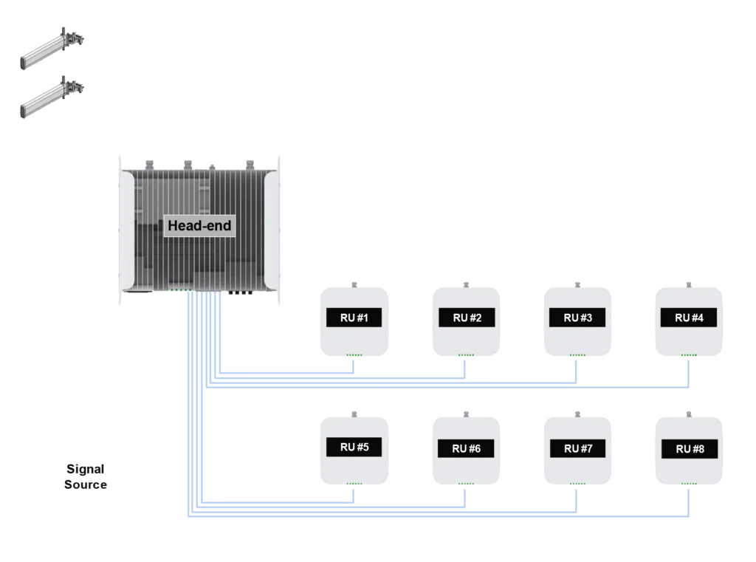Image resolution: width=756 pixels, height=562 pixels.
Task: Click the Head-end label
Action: (x=199, y=225)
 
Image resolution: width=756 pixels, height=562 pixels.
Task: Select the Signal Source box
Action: (x=86, y=477)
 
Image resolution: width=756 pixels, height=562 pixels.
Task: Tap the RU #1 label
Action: (x=354, y=318)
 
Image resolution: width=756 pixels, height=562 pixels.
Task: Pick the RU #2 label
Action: (x=467, y=318)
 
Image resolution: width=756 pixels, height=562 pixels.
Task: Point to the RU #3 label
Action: (x=578, y=318)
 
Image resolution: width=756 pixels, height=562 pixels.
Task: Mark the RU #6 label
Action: (x=467, y=448)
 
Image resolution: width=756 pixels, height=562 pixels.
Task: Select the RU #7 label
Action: (x=578, y=448)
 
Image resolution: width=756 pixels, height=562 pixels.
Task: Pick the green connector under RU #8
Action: (x=690, y=485)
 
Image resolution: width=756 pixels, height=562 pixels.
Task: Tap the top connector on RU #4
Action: (x=689, y=281)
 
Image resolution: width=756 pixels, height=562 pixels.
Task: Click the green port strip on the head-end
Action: (x=181, y=290)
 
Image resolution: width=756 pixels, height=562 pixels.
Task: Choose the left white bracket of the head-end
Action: (x=126, y=229)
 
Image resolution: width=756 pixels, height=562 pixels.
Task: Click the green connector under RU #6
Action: (x=467, y=485)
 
